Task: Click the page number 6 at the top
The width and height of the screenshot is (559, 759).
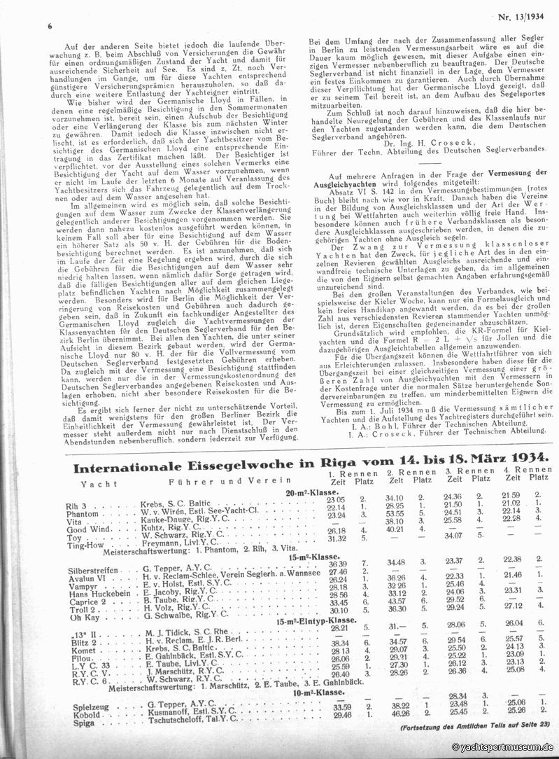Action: click(x=50, y=26)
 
